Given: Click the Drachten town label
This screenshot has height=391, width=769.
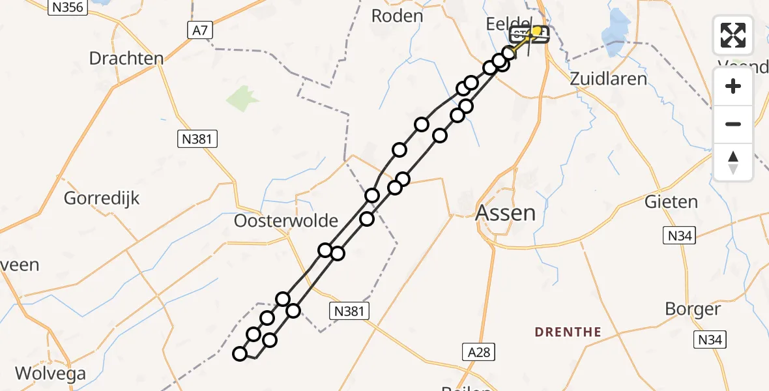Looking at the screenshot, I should pyautogui.click(x=126, y=59).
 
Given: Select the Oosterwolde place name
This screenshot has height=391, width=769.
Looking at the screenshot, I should pyautogui.click(x=286, y=221).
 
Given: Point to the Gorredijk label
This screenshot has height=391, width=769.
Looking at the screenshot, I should pyautogui.click(x=102, y=198).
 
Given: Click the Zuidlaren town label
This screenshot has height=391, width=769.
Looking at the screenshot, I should pyautogui.click(x=608, y=79).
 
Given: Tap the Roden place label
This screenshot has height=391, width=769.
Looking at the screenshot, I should pyautogui.click(x=397, y=16).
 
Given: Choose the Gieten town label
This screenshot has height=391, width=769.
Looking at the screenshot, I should pyautogui.click(x=671, y=202).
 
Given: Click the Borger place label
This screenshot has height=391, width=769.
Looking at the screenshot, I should pyautogui.click(x=692, y=309).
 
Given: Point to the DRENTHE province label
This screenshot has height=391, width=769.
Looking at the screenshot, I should pyautogui.click(x=568, y=332).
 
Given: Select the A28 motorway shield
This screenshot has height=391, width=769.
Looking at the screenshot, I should pyautogui.click(x=480, y=353).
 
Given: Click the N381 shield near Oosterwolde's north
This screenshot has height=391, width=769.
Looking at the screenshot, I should pyautogui.click(x=197, y=138).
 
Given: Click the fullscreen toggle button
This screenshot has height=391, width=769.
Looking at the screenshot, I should pyautogui.click(x=733, y=35).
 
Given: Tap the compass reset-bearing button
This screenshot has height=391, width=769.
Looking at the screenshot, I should pyautogui.click(x=733, y=162).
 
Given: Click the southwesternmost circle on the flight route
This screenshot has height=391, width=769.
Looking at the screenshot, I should pyautogui.click(x=240, y=354).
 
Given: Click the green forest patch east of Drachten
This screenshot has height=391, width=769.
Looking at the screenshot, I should pyautogui.click(x=242, y=98).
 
